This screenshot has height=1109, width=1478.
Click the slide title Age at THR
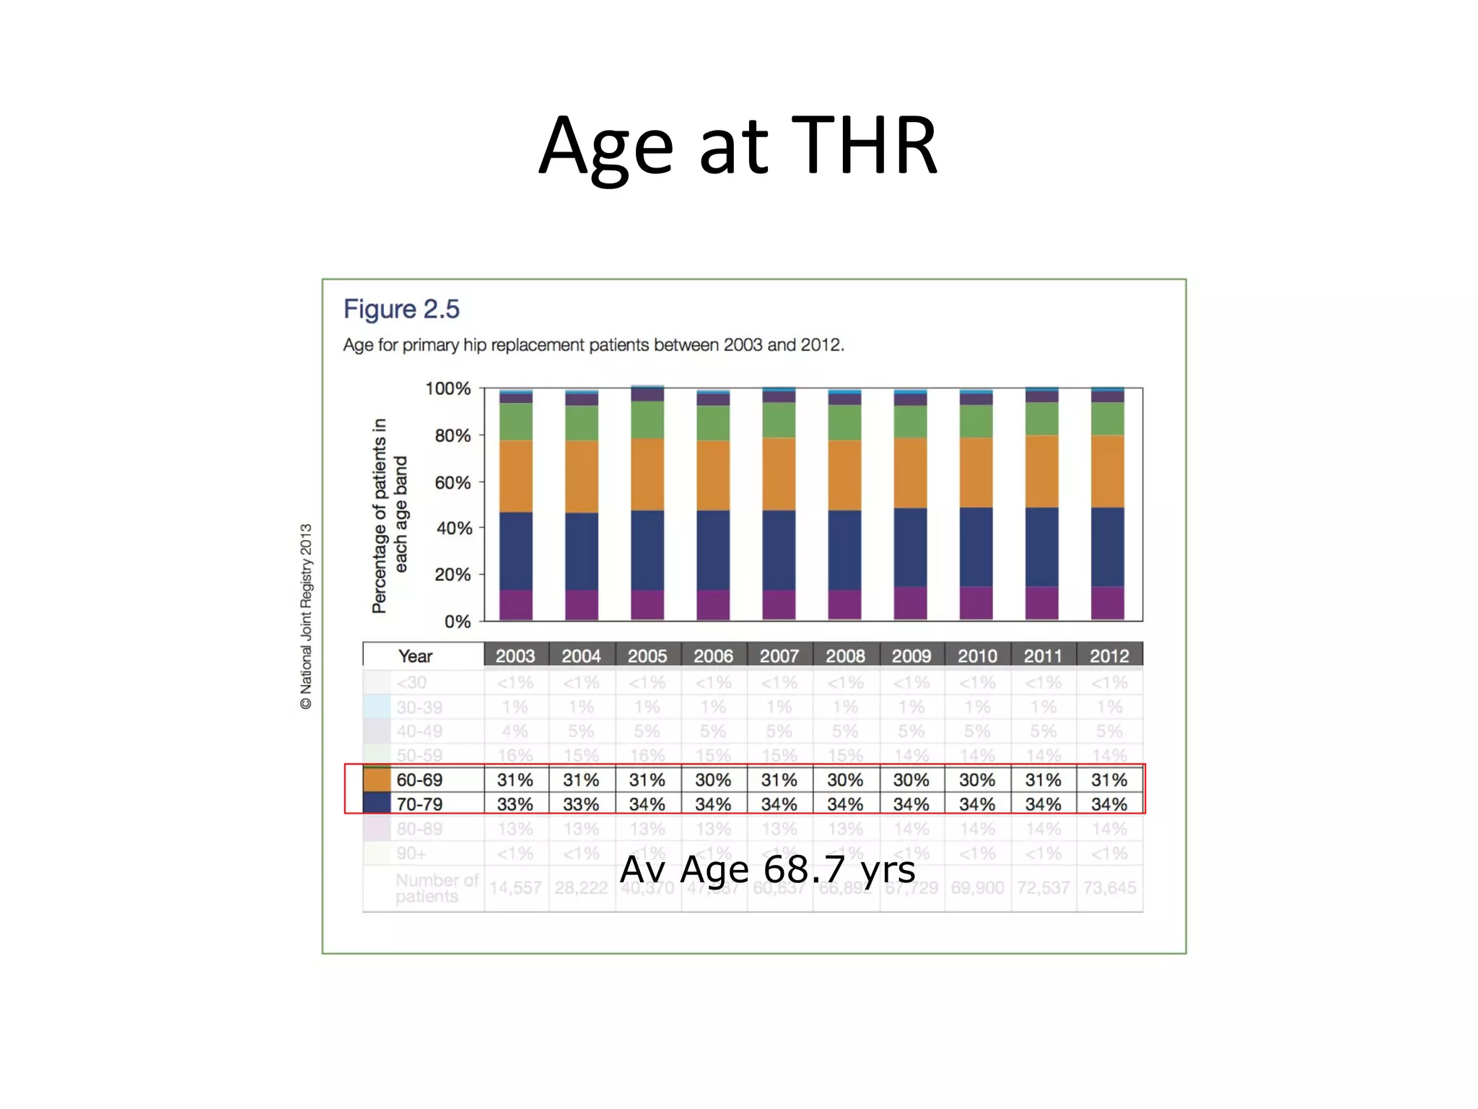pyautogui.click(x=738, y=146)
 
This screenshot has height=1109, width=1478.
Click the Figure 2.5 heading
pyautogui.click(x=401, y=309)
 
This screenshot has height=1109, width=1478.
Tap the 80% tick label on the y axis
pyautogui.click(x=452, y=435)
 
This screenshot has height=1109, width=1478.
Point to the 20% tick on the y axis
pyautogui.click(x=452, y=575)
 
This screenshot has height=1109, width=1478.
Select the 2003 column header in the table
pyautogui.click(x=515, y=656)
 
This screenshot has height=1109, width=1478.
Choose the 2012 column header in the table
pyautogui.click(x=1109, y=656)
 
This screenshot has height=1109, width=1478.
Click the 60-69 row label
pyautogui.click(x=419, y=780)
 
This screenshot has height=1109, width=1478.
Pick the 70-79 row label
pyautogui.click(x=419, y=804)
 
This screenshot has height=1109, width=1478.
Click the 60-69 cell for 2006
pyautogui.click(x=713, y=780)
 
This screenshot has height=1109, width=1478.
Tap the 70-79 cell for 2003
pyautogui.click(x=515, y=804)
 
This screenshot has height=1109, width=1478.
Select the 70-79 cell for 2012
pyautogui.click(x=1109, y=804)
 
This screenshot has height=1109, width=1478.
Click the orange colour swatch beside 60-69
pyautogui.click(x=377, y=780)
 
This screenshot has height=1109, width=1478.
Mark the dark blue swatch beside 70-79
pyautogui.click(x=377, y=804)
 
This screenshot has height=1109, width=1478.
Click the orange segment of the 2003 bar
pyautogui.click(x=516, y=477)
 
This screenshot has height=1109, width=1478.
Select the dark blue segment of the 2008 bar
pyautogui.click(x=844, y=550)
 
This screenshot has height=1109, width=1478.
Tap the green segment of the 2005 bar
pyautogui.click(x=647, y=419)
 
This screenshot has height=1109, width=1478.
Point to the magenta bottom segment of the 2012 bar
pyautogui.click(x=1108, y=603)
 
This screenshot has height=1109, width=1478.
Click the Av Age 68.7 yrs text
pyautogui.click(x=768, y=869)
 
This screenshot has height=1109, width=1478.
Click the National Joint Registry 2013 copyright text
pyautogui.click(x=306, y=617)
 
